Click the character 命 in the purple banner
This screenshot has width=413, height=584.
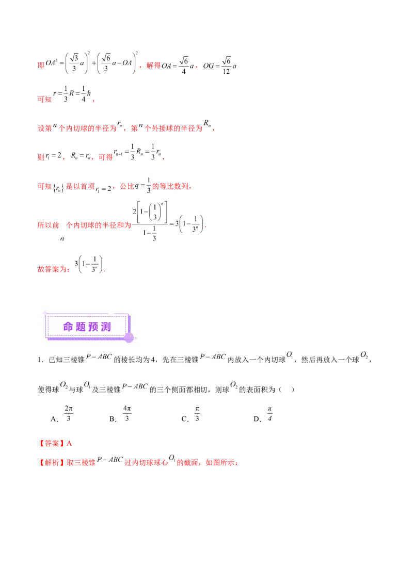point(69,327)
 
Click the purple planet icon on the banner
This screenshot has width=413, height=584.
point(129,338)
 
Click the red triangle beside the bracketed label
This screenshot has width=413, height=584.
point(70,443)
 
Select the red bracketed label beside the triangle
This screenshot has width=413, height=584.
point(52,443)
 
